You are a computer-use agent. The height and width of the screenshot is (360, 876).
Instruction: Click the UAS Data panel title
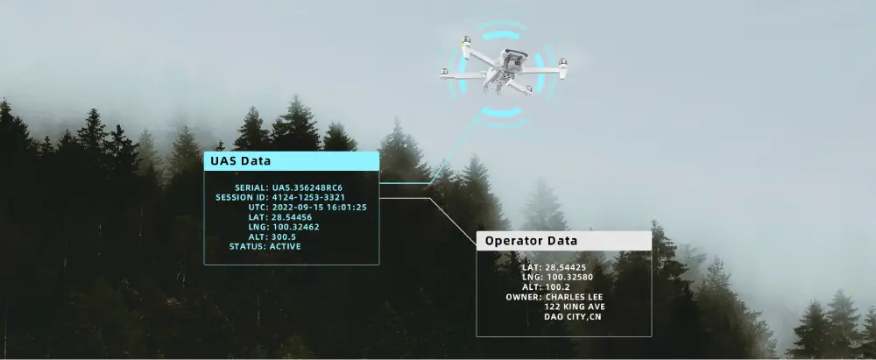click(240, 161)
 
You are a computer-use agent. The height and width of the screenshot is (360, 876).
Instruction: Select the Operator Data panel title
click(531, 241)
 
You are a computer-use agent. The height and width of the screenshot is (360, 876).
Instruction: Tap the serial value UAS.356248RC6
click(307, 187)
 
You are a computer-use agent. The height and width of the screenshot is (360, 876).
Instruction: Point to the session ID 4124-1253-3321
click(308, 197)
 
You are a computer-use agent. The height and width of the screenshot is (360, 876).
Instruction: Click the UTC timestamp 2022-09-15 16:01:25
click(320, 208)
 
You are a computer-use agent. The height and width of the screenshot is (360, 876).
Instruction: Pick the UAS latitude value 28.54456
click(293, 217)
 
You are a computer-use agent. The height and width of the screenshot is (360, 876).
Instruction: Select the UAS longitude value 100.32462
click(295, 227)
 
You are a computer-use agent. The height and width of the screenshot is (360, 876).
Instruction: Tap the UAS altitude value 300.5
click(284, 236)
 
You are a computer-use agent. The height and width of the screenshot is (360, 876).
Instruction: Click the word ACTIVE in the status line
click(285, 246)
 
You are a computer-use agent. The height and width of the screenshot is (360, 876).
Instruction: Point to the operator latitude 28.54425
click(565, 267)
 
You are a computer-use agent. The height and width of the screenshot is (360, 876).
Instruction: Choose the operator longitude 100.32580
click(569, 278)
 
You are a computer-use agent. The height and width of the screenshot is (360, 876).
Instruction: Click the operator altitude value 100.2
click(557, 286)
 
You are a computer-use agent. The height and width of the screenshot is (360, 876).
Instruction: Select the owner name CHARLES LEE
click(574, 297)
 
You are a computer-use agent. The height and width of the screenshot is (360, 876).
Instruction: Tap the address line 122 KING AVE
click(575, 307)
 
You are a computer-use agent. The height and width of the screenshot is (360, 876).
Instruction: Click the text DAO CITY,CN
click(573, 317)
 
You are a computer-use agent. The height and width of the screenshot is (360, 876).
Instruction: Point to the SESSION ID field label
click(242, 197)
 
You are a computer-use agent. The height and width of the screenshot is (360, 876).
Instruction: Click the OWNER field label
click(524, 297)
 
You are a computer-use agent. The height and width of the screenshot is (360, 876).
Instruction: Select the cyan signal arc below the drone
click(501, 113)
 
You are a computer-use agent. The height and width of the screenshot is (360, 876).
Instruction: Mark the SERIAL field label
click(251, 187)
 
